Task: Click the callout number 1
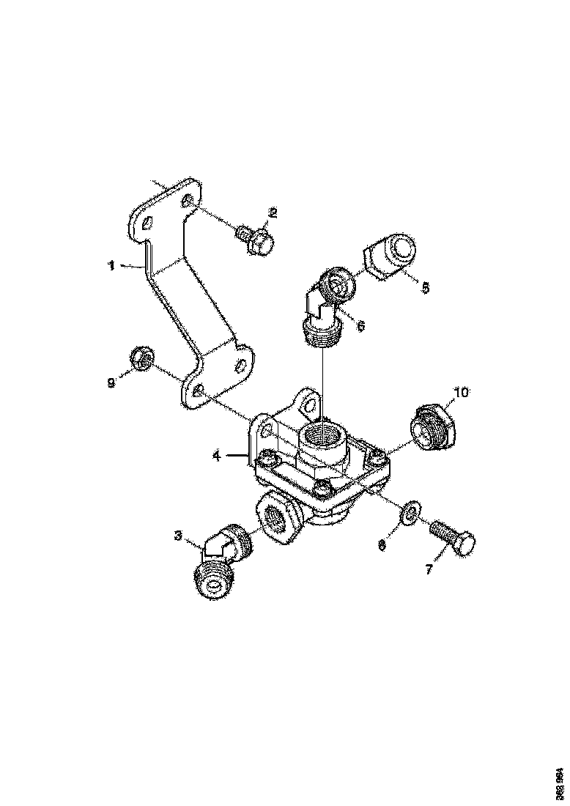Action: pos(111,266)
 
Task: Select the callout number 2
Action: pos(273,213)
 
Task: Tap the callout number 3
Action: pos(178,536)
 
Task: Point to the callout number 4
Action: pos(217,456)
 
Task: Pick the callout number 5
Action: pos(425,288)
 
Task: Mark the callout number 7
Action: pos(430,568)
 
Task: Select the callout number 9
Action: pos(111,382)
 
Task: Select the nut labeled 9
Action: pos(141,358)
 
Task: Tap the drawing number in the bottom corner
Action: pos(560,781)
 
